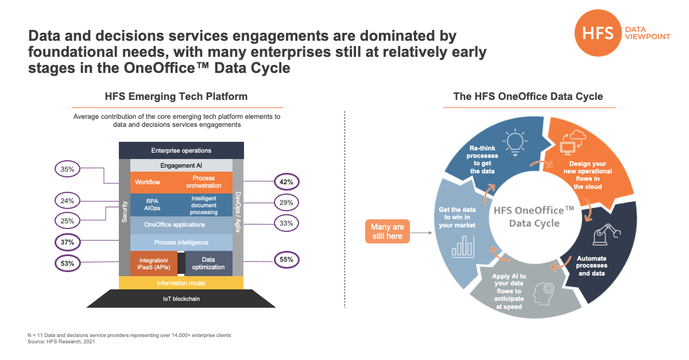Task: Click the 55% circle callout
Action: pyautogui.click(x=287, y=260)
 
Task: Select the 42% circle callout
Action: pyautogui.click(x=287, y=182)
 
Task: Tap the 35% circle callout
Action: pyautogui.click(x=67, y=169)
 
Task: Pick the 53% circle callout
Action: pyautogui.click(x=67, y=264)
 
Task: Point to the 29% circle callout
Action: pyautogui.click(x=287, y=203)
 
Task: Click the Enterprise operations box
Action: pyautogui.click(x=181, y=150)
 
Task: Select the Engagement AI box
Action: pyautogui.click(x=181, y=165)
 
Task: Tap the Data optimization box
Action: pyautogui.click(x=208, y=264)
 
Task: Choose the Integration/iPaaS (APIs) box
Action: pyautogui.click(x=153, y=264)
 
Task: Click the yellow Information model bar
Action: pyautogui.click(x=181, y=282)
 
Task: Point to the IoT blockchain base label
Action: pyautogui.click(x=181, y=299)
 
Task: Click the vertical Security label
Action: pyautogui.click(x=125, y=212)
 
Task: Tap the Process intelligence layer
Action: pyautogui.click(x=181, y=242)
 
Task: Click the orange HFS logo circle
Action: pyautogui.click(x=598, y=33)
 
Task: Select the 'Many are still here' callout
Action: pyautogui.click(x=387, y=231)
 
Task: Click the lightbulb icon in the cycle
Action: pyautogui.click(x=515, y=142)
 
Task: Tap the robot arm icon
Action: pyautogui.click(x=606, y=235)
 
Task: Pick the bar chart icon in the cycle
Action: pyautogui.click(x=463, y=246)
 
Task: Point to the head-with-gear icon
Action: pyautogui.click(x=544, y=294)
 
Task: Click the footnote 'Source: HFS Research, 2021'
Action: pyautogui.click(x=61, y=342)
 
